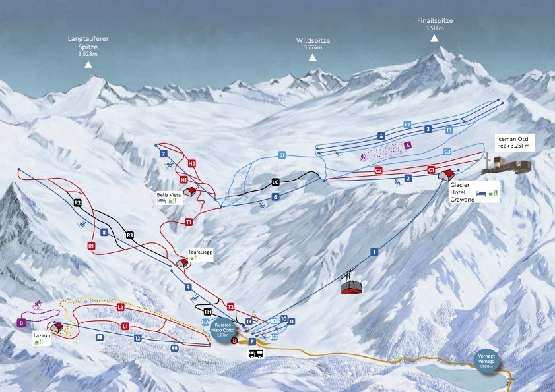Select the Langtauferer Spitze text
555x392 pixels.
[x=88, y=43]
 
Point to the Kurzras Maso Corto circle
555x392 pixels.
[x=222, y=328]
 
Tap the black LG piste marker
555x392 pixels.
[x=277, y=182]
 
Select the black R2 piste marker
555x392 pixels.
[x=77, y=203]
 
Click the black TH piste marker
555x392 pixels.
[x=208, y=312]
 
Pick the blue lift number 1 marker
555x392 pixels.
[x=374, y=252]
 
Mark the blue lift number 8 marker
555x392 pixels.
[x=104, y=232]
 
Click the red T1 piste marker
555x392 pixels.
[x=189, y=222]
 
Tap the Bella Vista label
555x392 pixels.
[x=168, y=195]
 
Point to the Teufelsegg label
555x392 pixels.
[x=199, y=252]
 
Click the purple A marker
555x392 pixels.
[x=408, y=145]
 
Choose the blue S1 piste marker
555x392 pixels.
[x=282, y=155]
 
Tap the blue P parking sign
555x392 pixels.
[x=252, y=342]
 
